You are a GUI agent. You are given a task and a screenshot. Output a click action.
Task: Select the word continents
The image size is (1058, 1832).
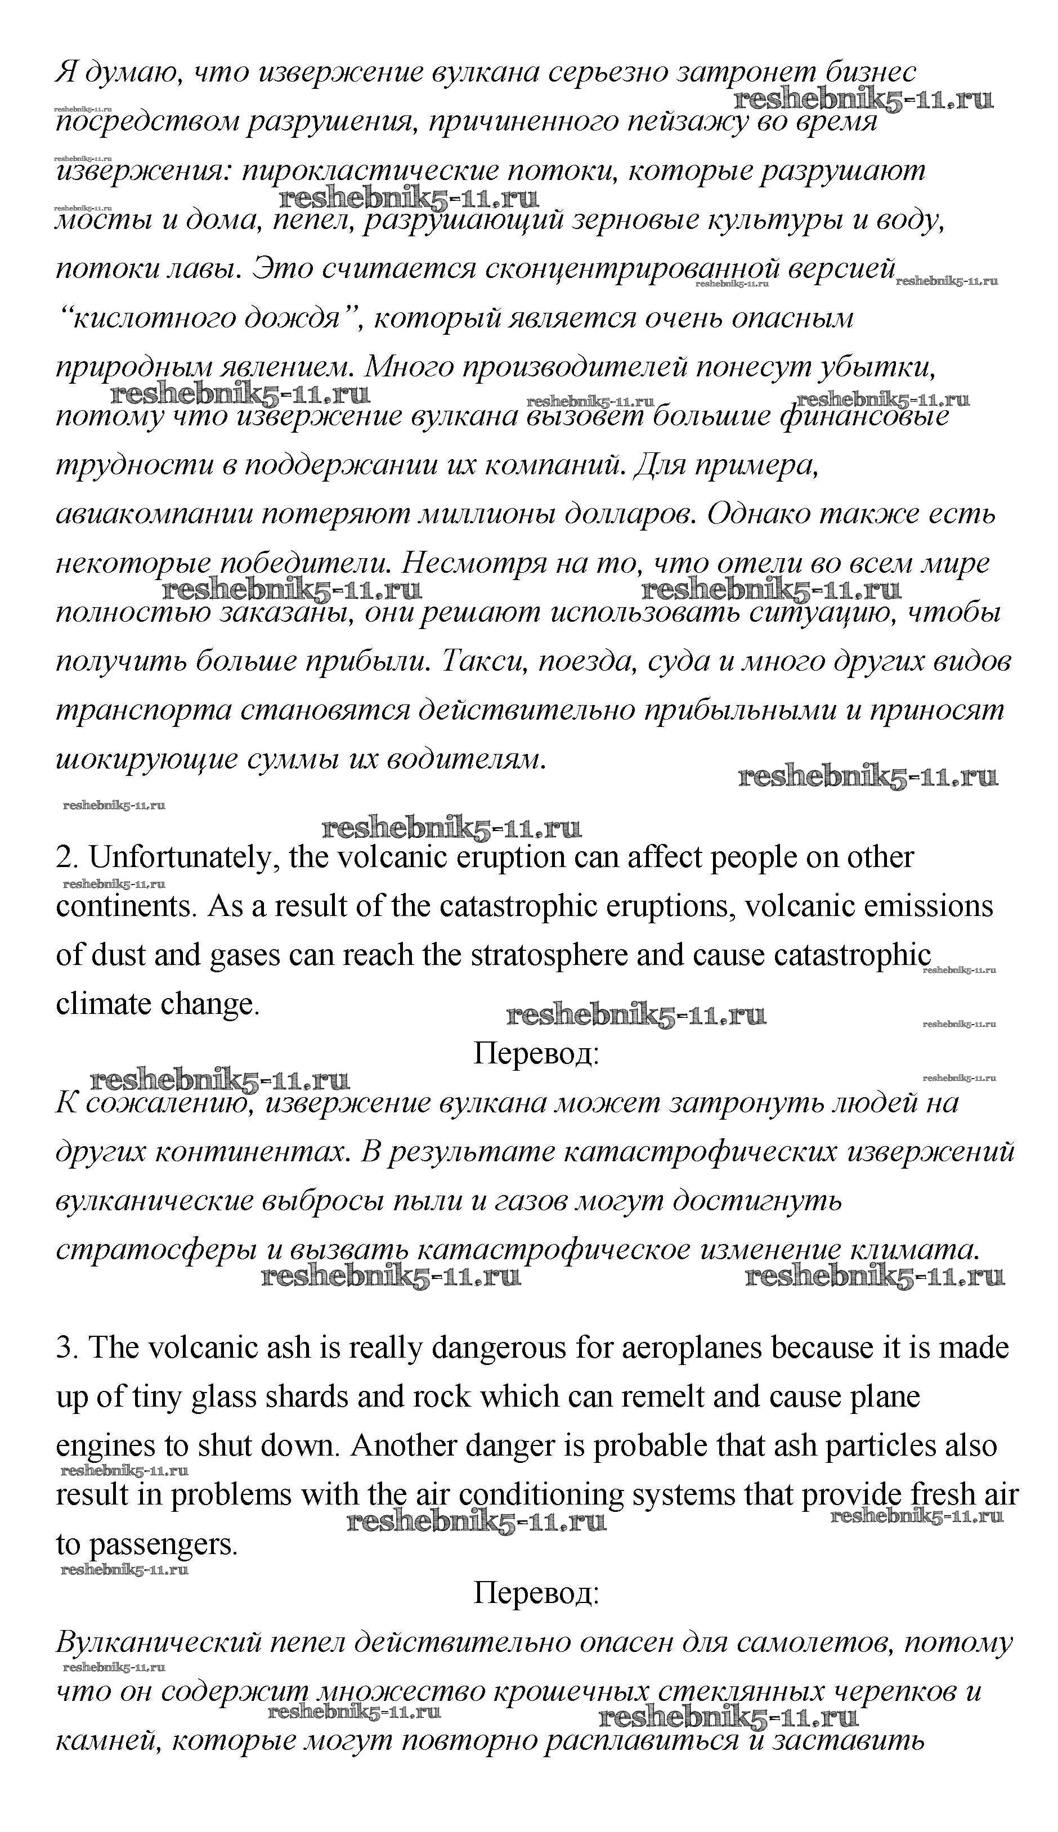coord(127,906)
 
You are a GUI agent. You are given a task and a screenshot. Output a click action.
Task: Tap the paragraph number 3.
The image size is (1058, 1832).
coord(68,1348)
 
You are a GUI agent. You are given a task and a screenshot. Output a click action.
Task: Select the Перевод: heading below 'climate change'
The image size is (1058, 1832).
coord(536,1053)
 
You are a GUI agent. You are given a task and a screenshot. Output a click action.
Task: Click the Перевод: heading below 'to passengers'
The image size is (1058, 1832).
coord(536,1593)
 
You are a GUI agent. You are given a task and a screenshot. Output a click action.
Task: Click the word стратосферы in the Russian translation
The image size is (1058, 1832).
coord(157,1250)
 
